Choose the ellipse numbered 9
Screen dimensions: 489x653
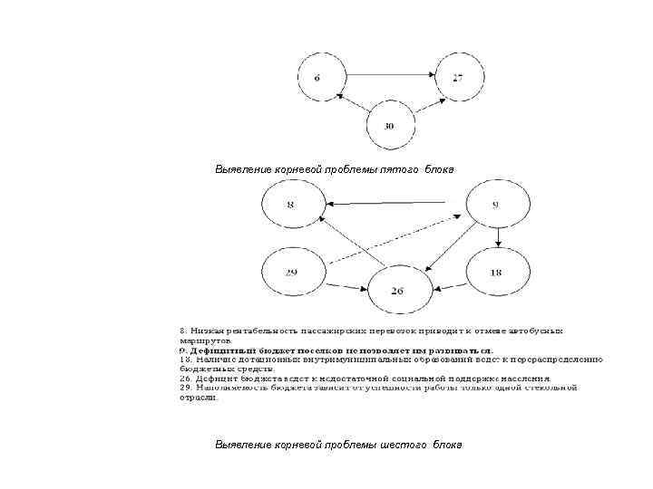pyautogui.click(x=495, y=206)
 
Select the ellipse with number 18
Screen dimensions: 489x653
pyautogui.click(x=495, y=273)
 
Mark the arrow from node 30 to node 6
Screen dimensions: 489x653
pyautogui.click(x=355, y=103)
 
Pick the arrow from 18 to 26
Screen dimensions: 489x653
pyautogui.click(x=449, y=287)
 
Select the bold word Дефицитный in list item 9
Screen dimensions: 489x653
pyautogui.click(x=223, y=350)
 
